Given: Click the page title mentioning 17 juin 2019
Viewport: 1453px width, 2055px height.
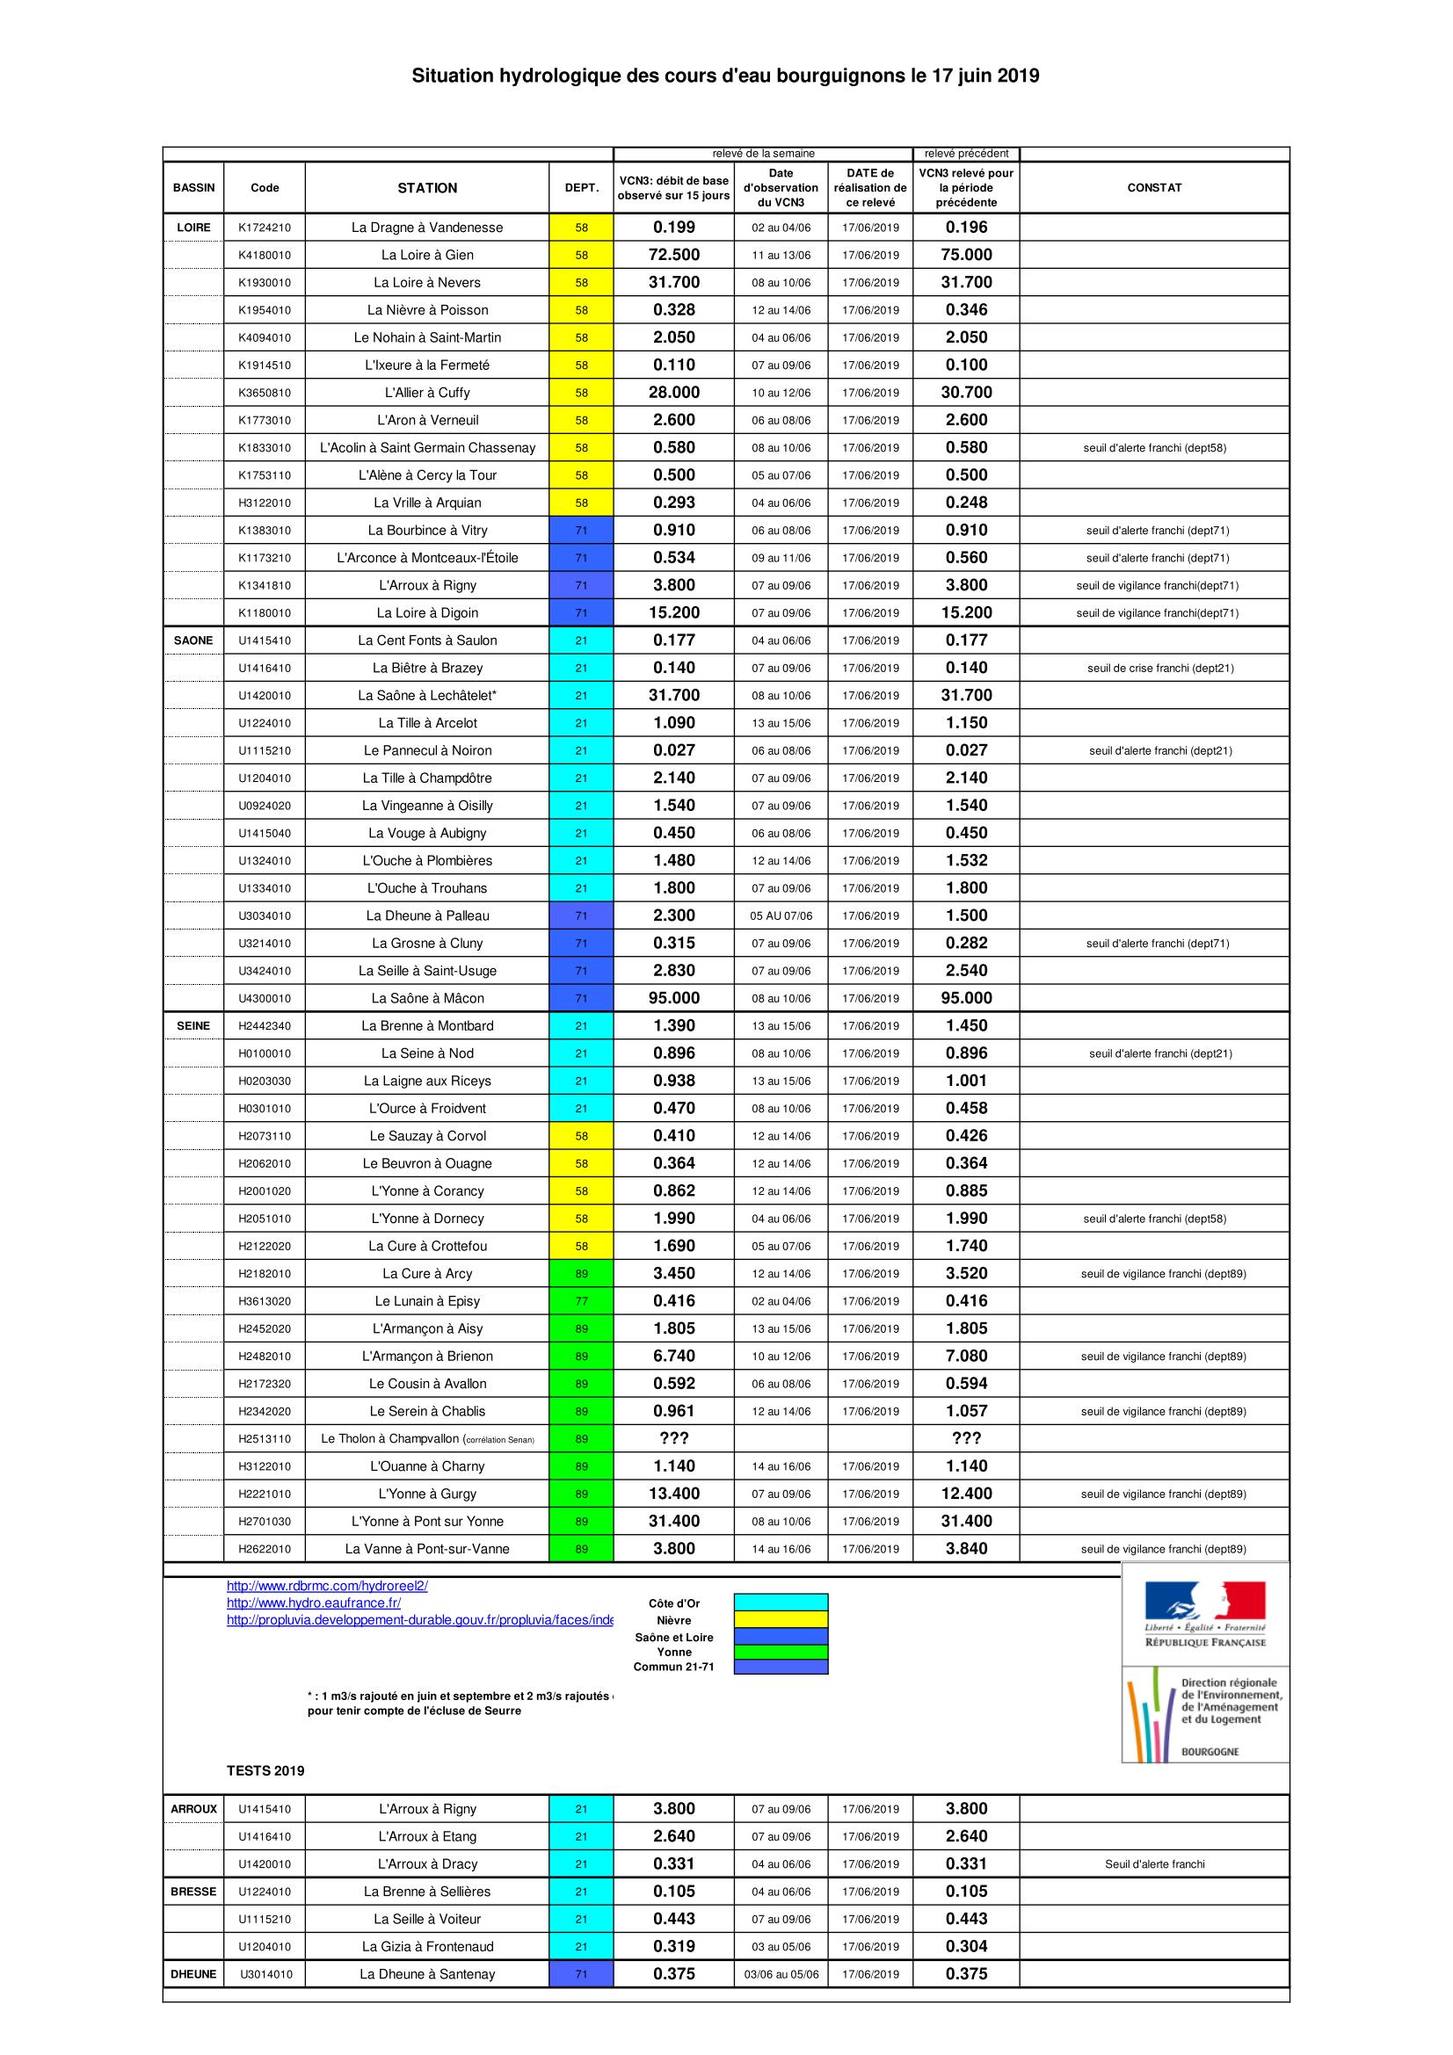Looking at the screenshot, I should [725, 76].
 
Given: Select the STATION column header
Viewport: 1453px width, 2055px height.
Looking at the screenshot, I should [427, 188].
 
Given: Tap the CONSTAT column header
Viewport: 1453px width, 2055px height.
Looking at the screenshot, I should [1154, 188].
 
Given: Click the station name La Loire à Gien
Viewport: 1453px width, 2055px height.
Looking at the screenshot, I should [427, 255].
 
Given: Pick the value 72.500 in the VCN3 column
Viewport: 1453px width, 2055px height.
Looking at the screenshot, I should [674, 255].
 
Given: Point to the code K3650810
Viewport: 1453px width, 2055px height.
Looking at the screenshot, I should [264, 393].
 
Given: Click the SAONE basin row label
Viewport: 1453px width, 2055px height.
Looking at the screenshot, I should [193, 640].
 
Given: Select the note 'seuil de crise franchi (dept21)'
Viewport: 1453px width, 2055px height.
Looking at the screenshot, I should [1160, 669].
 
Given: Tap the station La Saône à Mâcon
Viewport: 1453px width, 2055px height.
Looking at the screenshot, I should [427, 999].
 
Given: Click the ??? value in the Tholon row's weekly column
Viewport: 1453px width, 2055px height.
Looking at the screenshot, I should [674, 1439].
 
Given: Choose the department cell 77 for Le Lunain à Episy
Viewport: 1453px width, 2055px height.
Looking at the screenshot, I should [581, 1301].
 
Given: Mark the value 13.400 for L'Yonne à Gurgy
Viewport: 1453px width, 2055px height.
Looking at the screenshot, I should [674, 1494].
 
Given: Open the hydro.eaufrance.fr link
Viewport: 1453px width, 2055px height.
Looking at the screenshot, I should [313, 1603].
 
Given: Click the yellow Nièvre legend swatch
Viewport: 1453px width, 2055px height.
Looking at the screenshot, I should [781, 1620].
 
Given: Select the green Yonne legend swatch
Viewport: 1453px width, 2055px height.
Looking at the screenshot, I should [781, 1653].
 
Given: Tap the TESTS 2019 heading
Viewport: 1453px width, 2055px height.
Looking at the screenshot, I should [265, 1771].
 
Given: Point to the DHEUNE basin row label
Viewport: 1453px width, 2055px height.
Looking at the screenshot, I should [193, 1974].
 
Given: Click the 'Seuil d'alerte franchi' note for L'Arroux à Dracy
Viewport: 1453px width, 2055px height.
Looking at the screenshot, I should [1154, 1864].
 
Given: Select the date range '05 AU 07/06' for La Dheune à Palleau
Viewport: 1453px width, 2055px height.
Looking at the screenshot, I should [781, 916].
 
